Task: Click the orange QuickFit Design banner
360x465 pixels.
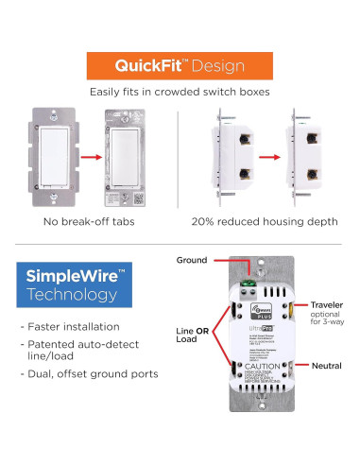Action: (x=180, y=65)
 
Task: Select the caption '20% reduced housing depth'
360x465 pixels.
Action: (x=269, y=221)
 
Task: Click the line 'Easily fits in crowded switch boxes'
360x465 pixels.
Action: (x=180, y=93)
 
